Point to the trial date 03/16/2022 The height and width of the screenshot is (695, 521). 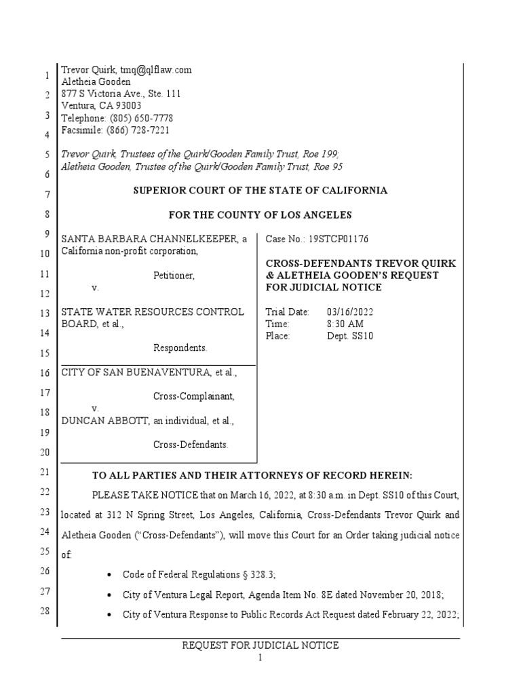349,312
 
